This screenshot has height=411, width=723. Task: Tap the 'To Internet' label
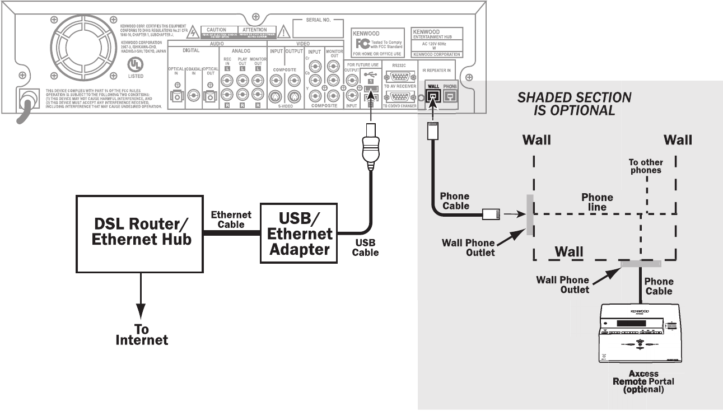point(142,334)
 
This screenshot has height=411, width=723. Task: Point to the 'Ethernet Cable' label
point(231,219)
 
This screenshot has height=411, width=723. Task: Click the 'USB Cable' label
point(365,247)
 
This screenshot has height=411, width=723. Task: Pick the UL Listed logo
point(135,64)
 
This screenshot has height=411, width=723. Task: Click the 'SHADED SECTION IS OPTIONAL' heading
point(574,103)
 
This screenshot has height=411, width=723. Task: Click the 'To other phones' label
point(645,166)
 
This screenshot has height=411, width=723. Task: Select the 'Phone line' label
point(597,202)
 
